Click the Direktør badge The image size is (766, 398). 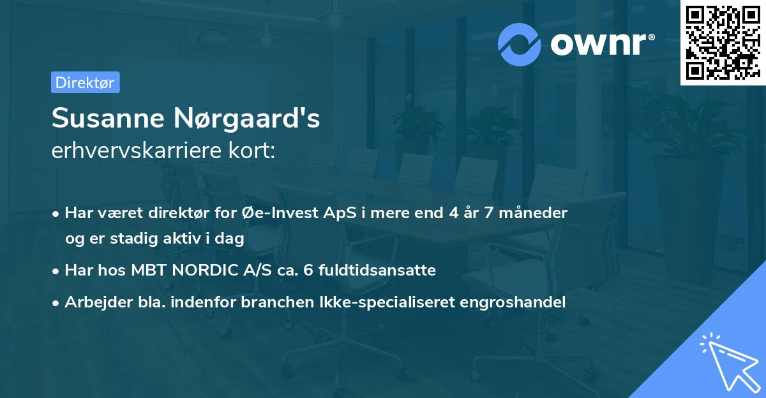[x=85, y=82]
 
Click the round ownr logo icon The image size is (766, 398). [x=520, y=44]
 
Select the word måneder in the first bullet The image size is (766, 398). [x=536, y=213]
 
